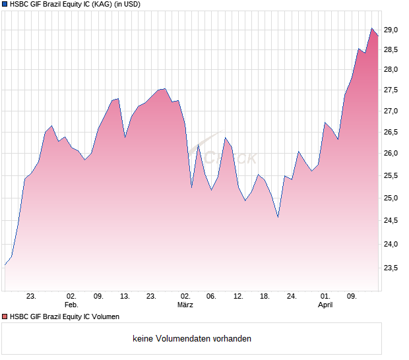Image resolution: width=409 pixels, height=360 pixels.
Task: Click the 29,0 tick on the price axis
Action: tap(391, 30)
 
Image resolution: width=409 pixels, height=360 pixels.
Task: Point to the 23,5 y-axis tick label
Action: tap(391, 268)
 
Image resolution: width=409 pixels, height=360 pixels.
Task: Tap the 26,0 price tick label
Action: tap(391, 154)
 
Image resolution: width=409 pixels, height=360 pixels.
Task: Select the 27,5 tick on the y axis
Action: tap(391, 90)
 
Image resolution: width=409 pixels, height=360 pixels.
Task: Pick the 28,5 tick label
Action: tap(391, 49)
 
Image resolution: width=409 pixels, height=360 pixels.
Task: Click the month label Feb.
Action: tap(71, 305)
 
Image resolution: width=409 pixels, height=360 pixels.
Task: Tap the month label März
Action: tap(185, 305)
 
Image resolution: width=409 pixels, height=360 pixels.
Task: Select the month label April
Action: tap(325, 305)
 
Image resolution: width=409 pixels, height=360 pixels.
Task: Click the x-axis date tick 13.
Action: tap(125, 296)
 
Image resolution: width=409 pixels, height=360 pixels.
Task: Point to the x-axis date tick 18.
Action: tap(265, 296)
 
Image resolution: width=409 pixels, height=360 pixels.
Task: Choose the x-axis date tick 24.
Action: tap(292, 296)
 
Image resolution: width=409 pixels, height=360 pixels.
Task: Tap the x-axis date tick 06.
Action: tap(210, 296)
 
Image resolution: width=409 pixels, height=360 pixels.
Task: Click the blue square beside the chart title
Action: tap(5, 5)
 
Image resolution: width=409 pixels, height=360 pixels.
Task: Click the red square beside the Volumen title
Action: tap(5, 317)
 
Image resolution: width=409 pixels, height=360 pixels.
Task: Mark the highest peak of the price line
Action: tap(372, 28)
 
